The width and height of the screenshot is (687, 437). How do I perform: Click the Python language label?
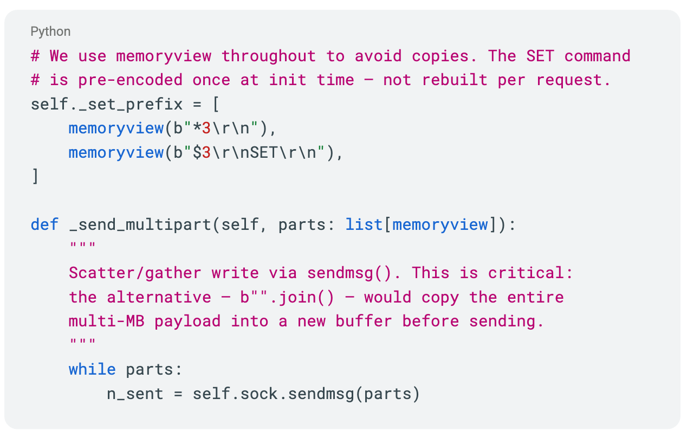(x=50, y=31)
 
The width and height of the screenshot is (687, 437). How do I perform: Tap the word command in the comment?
(x=597, y=56)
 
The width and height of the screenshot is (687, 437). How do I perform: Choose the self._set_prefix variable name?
(x=107, y=104)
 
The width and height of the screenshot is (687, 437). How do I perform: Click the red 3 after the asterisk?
(x=206, y=128)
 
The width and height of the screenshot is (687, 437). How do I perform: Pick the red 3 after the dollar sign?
(x=206, y=152)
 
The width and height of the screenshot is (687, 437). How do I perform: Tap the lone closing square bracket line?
(x=35, y=176)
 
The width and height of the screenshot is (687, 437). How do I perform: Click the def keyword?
(x=44, y=224)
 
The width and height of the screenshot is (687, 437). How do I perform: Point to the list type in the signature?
(x=364, y=224)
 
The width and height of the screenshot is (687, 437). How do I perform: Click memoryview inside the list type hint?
(x=440, y=224)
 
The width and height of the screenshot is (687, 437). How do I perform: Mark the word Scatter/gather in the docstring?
(x=135, y=273)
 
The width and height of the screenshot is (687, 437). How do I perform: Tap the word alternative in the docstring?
(x=159, y=297)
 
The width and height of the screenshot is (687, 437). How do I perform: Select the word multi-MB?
(x=106, y=321)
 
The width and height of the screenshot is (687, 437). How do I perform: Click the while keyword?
(x=92, y=369)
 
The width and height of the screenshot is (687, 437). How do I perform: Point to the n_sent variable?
(x=135, y=393)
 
